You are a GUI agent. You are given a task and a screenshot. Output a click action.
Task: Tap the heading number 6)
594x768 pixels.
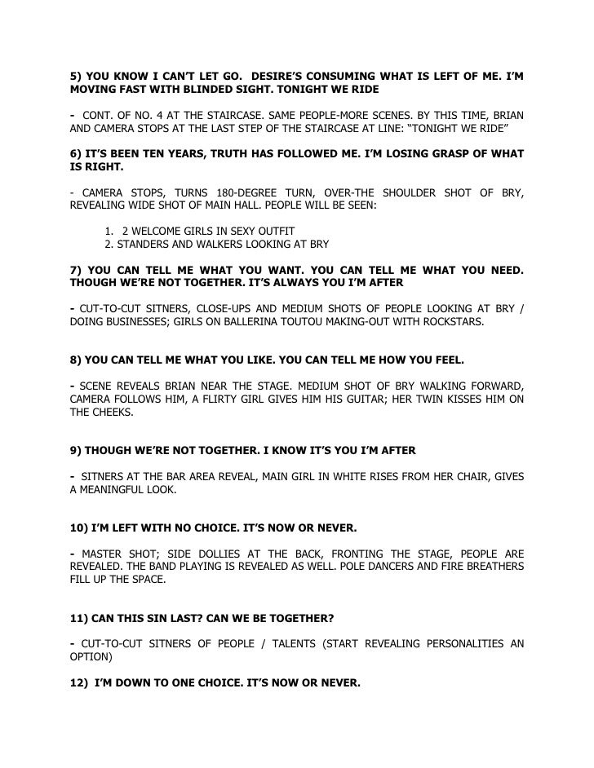78,154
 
